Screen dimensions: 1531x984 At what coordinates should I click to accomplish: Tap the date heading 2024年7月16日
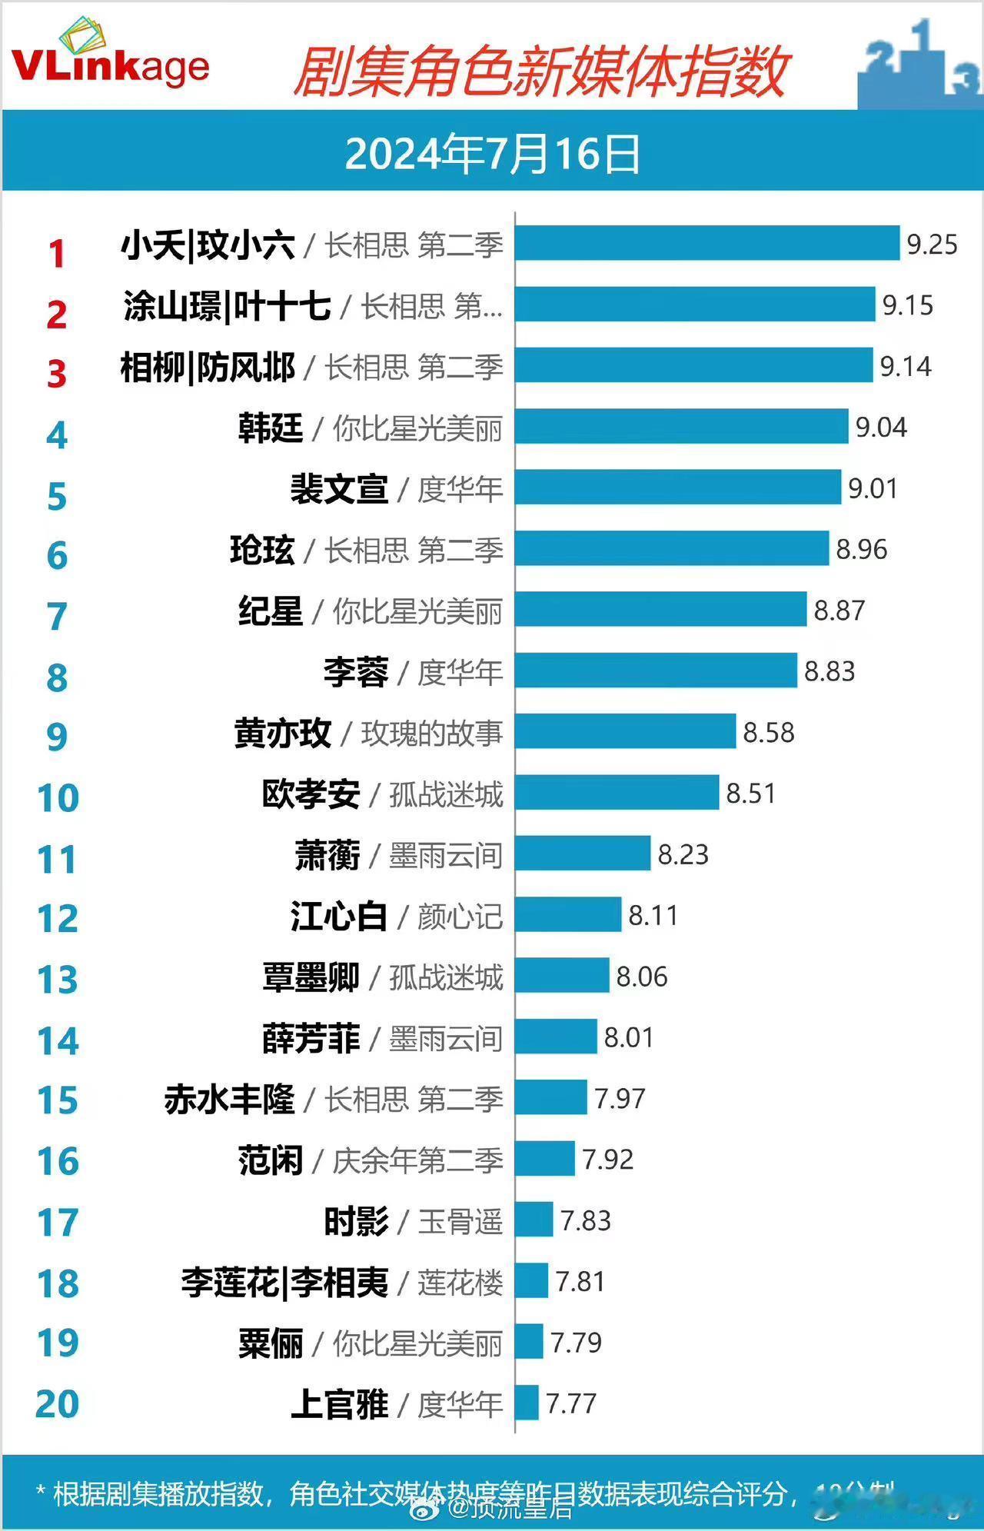tap(492, 154)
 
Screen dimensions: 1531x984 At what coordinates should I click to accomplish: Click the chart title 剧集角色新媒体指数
tap(540, 72)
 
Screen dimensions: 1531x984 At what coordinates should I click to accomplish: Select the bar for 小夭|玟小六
tap(706, 244)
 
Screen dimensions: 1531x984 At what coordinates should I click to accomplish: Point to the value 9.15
tap(907, 305)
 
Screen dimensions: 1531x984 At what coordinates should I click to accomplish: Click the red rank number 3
tap(57, 374)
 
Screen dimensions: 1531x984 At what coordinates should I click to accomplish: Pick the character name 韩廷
tap(271, 428)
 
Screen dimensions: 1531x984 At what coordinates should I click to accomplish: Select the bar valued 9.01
tap(678, 488)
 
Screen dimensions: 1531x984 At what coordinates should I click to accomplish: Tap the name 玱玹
tap(262, 550)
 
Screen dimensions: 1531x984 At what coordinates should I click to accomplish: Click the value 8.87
tap(839, 611)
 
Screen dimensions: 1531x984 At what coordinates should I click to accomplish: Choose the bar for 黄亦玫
tap(625, 731)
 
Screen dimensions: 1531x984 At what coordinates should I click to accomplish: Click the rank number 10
tap(58, 798)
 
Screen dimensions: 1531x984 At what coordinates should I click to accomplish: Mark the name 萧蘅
tap(327, 854)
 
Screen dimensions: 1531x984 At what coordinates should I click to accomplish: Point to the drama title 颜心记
tap(460, 917)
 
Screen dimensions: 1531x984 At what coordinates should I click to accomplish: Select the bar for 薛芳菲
tap(556, 1037)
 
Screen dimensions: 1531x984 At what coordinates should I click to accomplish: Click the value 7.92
tap(607, 1159)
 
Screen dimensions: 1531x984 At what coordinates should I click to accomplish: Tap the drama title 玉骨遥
tap(460, 1221)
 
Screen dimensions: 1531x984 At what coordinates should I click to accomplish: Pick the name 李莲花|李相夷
tap(284, 1282)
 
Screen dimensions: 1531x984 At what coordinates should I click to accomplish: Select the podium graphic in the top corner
tap(920, 65)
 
